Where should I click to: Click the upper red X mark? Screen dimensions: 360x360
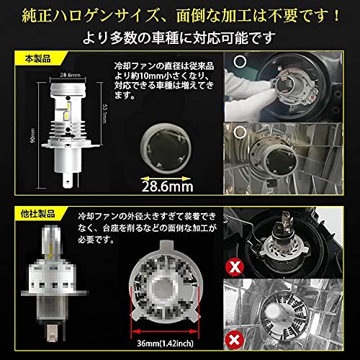[234, 267]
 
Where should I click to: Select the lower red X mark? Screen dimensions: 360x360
[233, 339]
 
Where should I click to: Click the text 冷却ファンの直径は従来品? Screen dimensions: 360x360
[161, 66]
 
